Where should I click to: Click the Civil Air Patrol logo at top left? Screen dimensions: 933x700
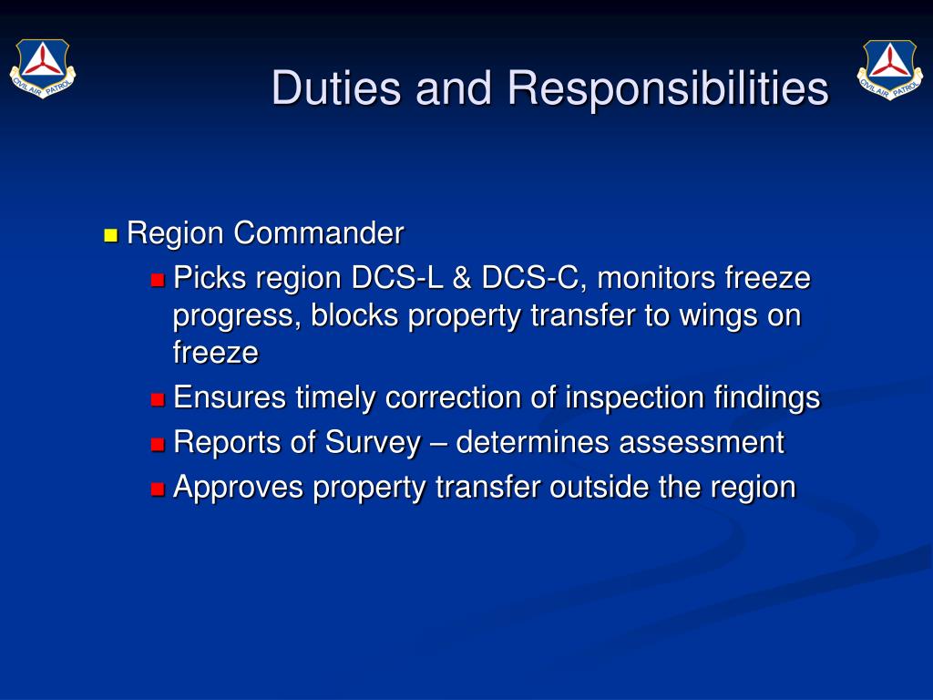[43, 68]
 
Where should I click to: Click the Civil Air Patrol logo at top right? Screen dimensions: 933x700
[890, 69]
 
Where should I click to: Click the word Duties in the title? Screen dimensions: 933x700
[337, 88]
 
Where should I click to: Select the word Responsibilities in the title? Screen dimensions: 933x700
[668, 88]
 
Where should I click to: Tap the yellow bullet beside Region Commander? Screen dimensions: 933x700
[110, 235]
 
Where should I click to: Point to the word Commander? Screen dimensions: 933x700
[319, 232]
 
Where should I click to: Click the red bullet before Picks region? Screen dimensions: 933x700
[158, 280]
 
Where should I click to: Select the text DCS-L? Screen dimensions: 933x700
[397, 278]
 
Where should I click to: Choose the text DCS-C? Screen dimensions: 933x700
[529, 278]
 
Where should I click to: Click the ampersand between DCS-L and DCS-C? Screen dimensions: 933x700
[462, 278]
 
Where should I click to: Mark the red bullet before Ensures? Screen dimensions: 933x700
[158, 399]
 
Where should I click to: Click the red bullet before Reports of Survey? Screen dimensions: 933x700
[158, 444]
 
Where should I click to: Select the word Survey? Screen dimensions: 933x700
[373, 443]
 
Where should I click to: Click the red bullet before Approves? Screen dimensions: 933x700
[158, 489]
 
